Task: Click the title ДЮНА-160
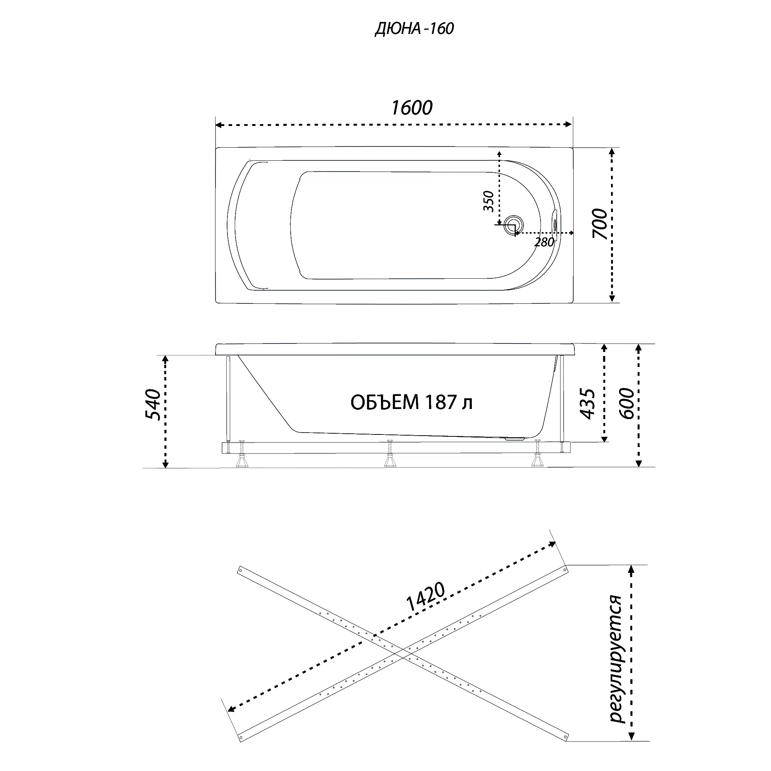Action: pyautogui.click(x=414, y=29)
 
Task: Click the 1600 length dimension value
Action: pyautogui.click(x=412, y=108)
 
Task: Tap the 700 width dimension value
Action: pyautogui.click(x=599, y=224)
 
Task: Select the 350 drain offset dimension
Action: pyautogui.click(x=488, y=202)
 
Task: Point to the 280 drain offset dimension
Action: pyautogui.click(x=544, y=242)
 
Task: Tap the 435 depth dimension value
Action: pyautogui.click(x=588, y=404)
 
